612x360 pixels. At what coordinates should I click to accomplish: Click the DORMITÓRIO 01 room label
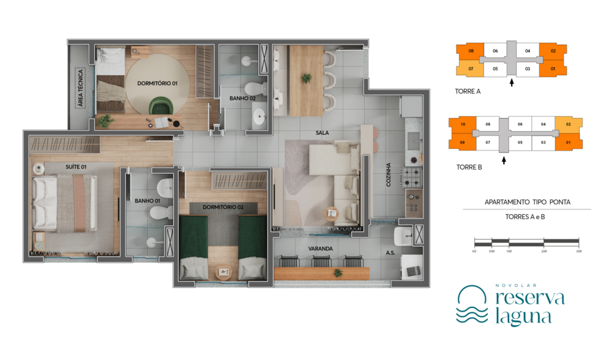157,83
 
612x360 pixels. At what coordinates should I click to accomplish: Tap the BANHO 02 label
242,98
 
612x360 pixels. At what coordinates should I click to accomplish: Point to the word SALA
323,132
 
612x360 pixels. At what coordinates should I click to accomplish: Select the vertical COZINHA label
389,174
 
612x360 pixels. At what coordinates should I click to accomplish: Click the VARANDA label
321,249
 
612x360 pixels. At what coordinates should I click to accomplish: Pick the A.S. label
390,252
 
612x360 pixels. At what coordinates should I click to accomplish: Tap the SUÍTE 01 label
75,167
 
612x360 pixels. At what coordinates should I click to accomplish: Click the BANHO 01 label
147,200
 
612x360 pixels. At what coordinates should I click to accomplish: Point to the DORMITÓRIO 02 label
223,208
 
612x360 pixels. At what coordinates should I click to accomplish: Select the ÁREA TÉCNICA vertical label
80,88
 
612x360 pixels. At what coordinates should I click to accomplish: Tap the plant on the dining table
306,78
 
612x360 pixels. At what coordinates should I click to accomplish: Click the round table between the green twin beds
224,270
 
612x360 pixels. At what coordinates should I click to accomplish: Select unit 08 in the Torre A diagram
471,51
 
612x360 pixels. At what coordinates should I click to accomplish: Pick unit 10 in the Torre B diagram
463,124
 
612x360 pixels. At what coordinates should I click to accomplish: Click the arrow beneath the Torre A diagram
512,82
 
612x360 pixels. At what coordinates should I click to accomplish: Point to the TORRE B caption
469,167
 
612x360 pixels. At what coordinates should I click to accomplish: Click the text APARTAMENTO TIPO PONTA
527,201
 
